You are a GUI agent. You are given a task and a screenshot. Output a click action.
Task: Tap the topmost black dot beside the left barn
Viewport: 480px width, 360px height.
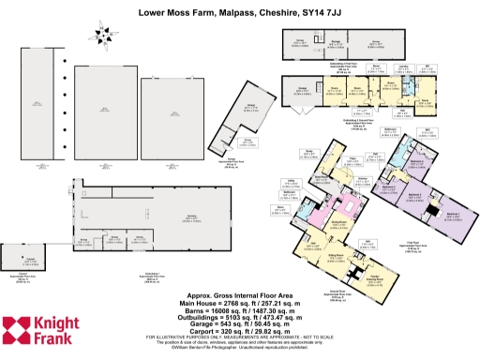coord(64,53)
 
